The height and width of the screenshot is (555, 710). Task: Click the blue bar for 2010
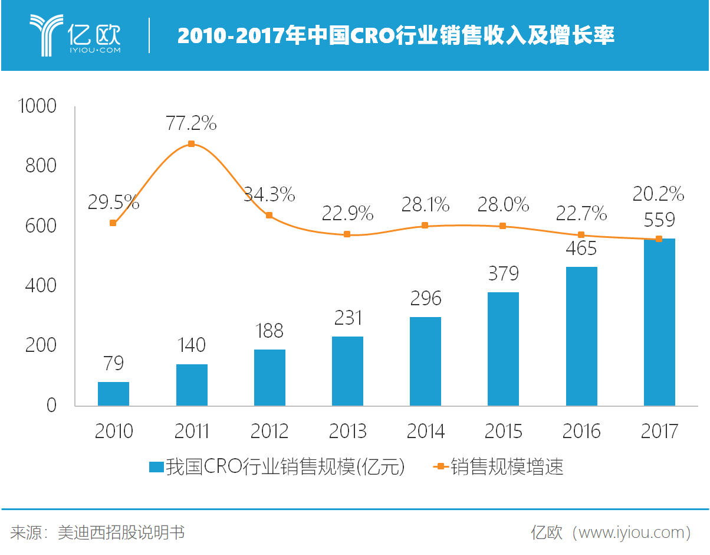click(x=113, y=394)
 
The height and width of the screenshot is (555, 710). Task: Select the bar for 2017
click(x=659, y=322)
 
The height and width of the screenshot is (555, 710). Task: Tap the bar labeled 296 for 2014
click(x=425, y=361)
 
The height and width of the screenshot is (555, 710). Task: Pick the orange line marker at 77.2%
click(x=191, y=144)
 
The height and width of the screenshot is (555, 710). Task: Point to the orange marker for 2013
click(x=347, y=234)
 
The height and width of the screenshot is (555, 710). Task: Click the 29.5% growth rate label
click(x=114, y=203)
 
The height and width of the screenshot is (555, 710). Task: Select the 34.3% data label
click(x=269, y=194)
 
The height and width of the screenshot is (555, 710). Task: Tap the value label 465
click(x=581, y=248)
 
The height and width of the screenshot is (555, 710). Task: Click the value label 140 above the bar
click(x=192, y=345)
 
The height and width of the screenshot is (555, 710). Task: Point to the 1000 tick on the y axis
click(x=38, y=106)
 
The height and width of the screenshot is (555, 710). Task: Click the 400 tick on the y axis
click(x=41, y=286)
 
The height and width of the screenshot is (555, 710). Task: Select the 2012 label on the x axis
click(x=269, y=432)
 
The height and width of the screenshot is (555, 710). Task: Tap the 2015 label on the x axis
click(x=503, y=432)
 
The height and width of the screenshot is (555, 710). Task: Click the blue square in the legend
click(x=156, y=467)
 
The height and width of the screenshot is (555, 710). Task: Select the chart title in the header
click(x=396, y=36)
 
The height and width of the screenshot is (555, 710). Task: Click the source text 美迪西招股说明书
click(x=121, y=533)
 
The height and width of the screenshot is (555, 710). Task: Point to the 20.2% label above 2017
click(x=658, y=194)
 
